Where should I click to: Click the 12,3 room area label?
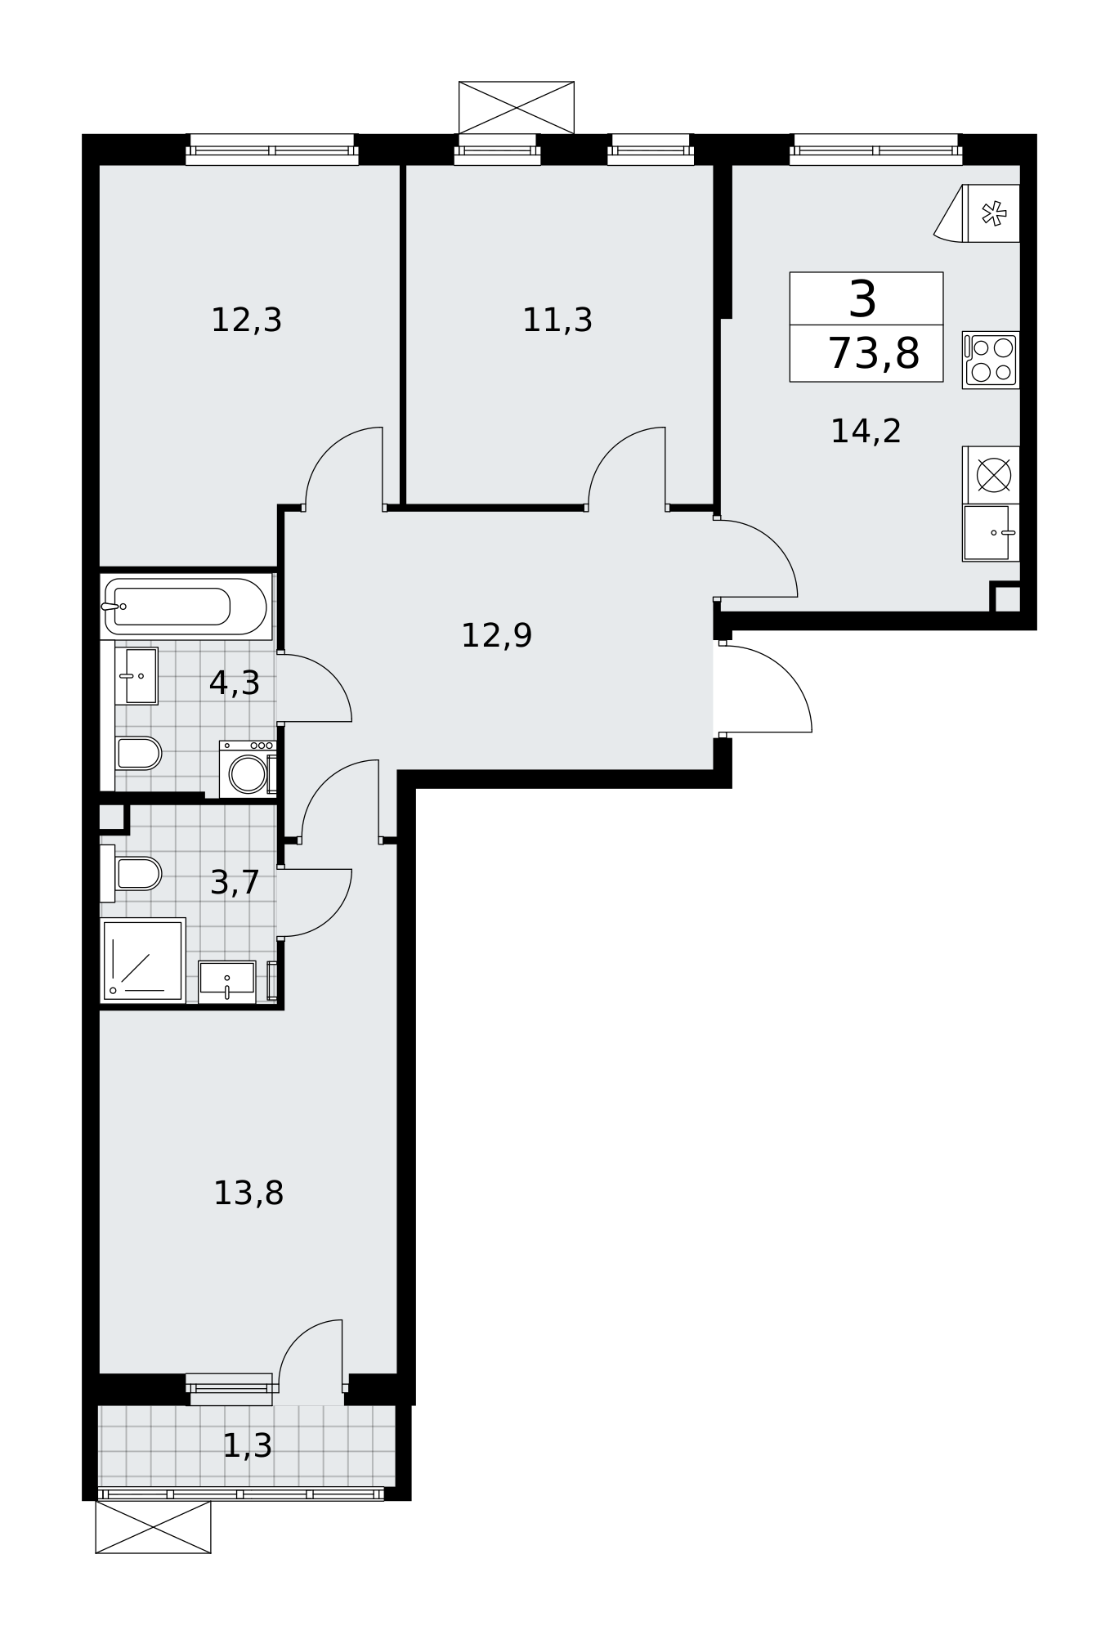[246, 320]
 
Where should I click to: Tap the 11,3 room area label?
[557, 320]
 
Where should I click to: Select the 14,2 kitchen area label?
[866, 432]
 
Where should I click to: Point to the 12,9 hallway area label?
[497, 636]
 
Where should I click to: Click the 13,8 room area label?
[248, 1194]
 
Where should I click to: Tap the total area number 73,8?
[874, 355]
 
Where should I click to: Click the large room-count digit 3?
[863, 299]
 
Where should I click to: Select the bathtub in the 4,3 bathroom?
[186, 607]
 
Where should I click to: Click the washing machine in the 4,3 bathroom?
[248, 769]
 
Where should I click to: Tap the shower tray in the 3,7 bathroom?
[143, 960]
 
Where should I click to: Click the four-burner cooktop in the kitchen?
[991, 360]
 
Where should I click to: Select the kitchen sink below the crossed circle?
[991, 532]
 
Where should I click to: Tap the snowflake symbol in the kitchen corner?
[993, 214]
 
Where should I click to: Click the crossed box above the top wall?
[517, 107]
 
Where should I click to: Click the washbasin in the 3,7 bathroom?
[227, 981]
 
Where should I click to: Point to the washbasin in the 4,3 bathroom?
[137, 676]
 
